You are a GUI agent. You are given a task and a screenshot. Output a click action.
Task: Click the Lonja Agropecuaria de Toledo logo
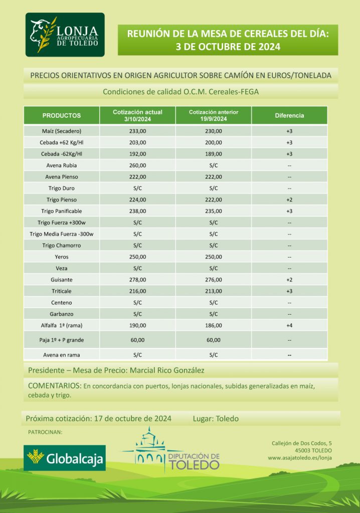[65, 35]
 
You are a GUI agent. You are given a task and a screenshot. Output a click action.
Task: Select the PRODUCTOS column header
[62, 115]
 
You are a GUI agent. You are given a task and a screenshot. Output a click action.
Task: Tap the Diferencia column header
[289, 115]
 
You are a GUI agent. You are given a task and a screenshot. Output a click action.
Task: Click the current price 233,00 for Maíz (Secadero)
[137, 131]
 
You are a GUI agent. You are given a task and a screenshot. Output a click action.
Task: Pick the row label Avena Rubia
[61, 165]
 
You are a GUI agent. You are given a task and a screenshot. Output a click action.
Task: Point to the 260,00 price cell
[137, 165]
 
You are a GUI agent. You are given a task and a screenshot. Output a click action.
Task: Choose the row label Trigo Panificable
[61, 211]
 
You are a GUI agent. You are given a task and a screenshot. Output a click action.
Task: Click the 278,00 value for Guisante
[137, 280]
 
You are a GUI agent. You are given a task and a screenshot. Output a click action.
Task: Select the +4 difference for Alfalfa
[289, 326]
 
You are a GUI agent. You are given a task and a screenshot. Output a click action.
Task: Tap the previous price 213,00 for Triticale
[213, 291]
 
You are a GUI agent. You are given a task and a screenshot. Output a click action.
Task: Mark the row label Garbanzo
[61, 314]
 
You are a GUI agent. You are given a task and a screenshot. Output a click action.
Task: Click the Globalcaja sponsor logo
[65, 457]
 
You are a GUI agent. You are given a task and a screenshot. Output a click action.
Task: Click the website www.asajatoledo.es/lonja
[300, 457]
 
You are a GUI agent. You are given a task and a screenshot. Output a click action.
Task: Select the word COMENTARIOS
[55, 386]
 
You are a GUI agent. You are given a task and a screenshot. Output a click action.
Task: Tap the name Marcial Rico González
[163, 371]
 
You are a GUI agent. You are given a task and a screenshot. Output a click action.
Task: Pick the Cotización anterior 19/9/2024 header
[213, 115]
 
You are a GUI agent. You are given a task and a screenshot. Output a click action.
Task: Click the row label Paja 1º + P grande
[61, 340]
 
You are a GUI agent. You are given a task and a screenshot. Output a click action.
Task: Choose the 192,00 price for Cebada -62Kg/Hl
[137, 154]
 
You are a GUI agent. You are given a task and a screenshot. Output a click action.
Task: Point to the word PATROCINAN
[45, 432]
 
